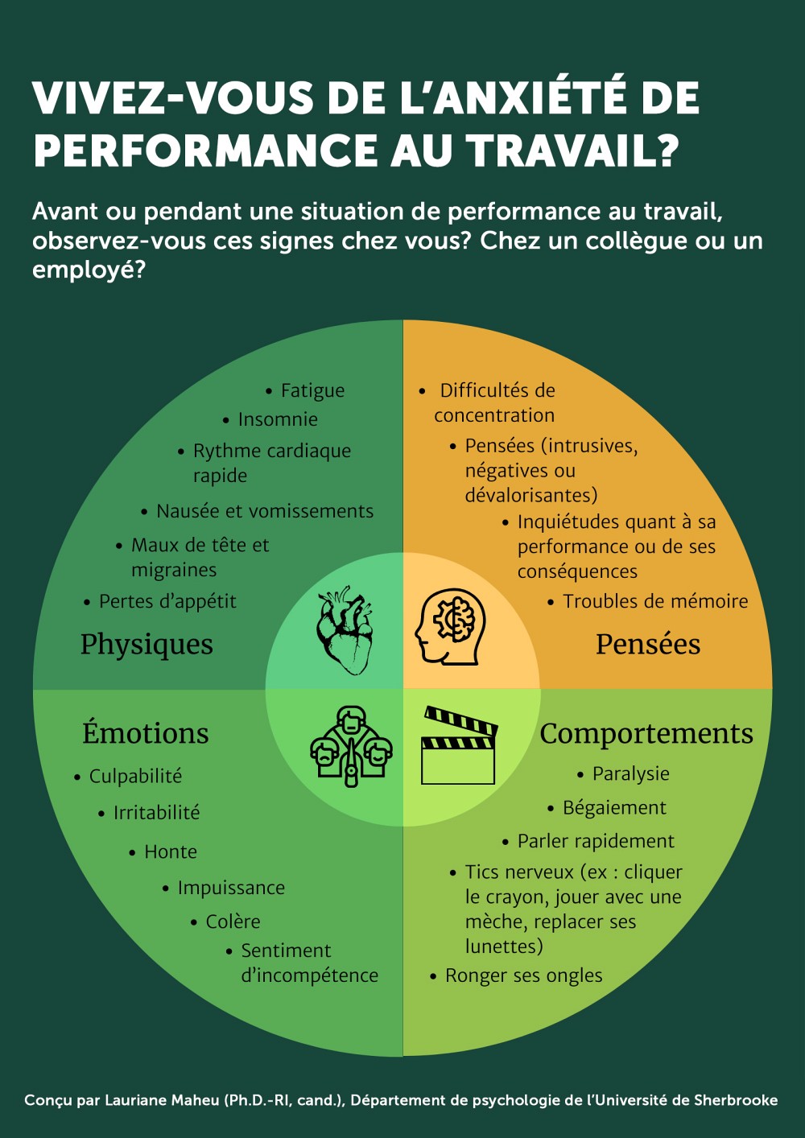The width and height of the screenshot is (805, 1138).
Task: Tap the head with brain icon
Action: click(x=451, y=627)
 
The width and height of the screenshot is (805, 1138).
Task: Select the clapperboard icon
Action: click(x=460, y=746)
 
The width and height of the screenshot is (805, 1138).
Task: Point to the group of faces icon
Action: click(x=351, y=746)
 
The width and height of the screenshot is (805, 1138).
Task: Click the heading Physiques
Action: click(x=147, y=645)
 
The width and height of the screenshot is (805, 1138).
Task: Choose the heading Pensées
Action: click(x=648, y=645)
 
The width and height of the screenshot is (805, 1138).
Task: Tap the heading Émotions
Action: click(x=146, y=734)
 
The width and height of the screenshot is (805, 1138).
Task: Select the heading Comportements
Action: click(x=646, y=734)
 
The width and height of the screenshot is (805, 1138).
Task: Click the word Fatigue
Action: click(x=312, y=391)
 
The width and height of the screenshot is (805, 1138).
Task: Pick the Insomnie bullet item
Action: click(x=278, y=420)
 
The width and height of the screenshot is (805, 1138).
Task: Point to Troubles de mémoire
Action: click(x=655, y=602)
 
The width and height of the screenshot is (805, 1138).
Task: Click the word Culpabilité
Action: click(x=135, y=777)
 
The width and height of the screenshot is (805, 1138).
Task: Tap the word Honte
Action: click(x=171, y=852)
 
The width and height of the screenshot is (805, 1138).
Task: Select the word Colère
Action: click(x=233, y=922)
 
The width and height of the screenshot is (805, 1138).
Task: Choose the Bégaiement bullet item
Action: click(x=614, y=808)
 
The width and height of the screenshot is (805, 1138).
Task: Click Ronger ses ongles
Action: click(x=523, y=976)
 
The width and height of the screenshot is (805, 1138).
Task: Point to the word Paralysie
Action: click(x=631, y=774)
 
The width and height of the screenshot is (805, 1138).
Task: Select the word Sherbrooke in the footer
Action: click(x=736, y=1100)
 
